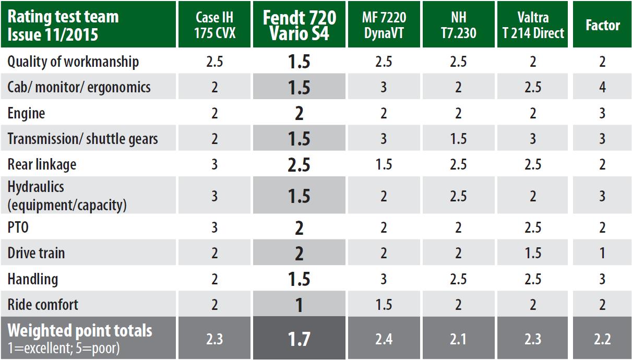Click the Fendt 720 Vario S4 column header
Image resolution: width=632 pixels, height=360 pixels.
point(299,25)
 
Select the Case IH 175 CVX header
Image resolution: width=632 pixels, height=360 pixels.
point(214,25)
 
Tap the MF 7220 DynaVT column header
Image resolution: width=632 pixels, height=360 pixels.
point(384,25)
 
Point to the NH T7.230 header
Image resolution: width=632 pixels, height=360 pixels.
point(458,25)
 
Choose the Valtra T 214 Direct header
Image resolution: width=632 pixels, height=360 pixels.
point(533,25)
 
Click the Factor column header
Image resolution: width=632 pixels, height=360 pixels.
point(602,25)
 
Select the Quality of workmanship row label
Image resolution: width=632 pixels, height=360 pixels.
point(73,62)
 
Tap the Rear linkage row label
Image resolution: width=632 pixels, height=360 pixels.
point(42,164)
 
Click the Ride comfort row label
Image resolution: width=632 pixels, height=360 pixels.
point(43,304)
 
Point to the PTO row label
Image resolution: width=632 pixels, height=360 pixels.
point(18,228)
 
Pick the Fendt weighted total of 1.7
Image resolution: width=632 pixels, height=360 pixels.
point(299,339)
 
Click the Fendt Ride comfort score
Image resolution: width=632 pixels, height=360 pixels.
point(299,305)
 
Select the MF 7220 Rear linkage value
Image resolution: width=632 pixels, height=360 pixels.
point(384,165)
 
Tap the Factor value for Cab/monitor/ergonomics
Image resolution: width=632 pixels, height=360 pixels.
point(602,87)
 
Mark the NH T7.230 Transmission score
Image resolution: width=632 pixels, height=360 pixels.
point(458,139)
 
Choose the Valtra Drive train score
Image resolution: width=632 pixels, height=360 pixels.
point(533,254)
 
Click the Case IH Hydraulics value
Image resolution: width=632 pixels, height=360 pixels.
point(214,196)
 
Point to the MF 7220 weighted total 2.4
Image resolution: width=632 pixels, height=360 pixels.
point(384,339)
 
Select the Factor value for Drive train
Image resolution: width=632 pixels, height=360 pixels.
point(602,254)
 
